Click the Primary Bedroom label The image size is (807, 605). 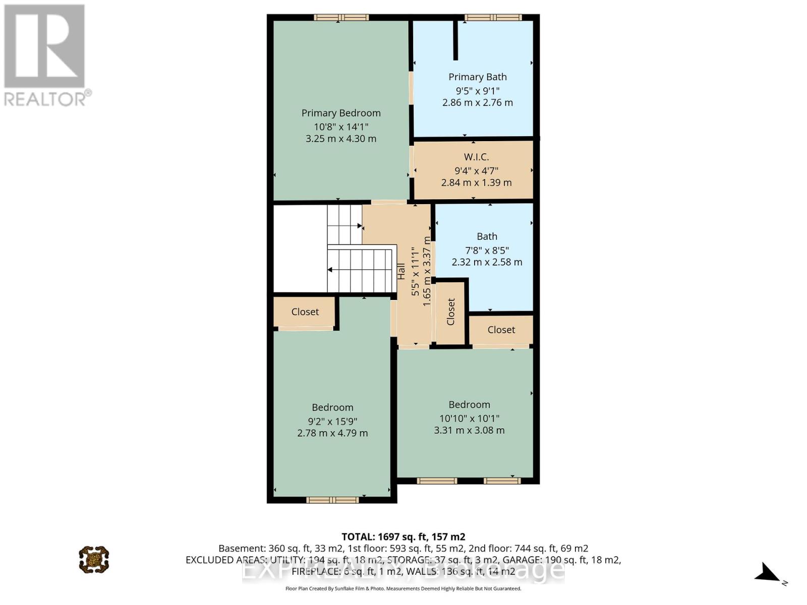point(341,113)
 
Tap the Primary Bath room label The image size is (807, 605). point(477,77)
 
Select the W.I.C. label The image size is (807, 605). point(476,157)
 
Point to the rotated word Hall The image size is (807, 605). point(401,272)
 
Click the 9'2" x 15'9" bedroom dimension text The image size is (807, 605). point(332,421)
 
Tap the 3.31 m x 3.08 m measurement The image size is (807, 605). point(469,430)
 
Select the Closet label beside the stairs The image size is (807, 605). point(305,312)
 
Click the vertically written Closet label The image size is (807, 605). point(451,312)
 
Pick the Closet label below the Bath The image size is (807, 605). point(501,330)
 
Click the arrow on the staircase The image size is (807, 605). point(331,270)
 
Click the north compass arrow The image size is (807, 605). point(768,573)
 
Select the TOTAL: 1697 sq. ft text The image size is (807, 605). point(403,537)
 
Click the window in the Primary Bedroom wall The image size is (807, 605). point(341,18)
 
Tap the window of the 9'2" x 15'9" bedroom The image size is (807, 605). point(332,500)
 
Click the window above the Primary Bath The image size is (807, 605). point(493,18)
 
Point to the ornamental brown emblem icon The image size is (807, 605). point(94,559)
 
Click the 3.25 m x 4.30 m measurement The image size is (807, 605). point(341,139)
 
